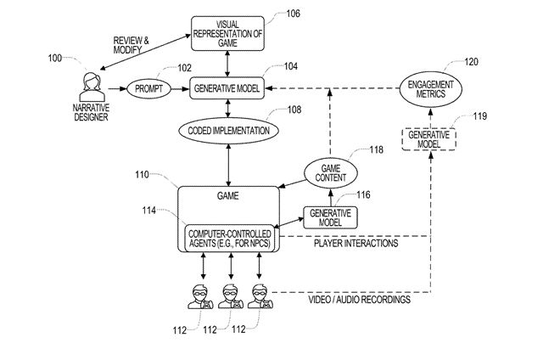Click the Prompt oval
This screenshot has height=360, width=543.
[149, 89]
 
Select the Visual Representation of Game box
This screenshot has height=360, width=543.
[227, 34]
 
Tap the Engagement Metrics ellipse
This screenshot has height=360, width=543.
[430, 89]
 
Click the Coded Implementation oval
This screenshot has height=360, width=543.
[228, 131]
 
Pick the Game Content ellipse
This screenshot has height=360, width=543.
[330, 173]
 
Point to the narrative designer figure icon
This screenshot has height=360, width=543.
[92, 87]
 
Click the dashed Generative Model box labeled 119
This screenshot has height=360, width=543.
[428, 139]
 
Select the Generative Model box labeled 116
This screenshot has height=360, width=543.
[330, 217]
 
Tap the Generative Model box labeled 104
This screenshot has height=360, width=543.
[227, 88]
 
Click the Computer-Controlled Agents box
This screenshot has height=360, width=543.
[229, 239]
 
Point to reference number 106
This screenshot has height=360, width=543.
[293, 14]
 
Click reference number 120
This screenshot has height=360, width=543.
[471, 62]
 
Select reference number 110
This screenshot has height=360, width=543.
[142, 174]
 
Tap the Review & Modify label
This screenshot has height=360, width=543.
[131, 45]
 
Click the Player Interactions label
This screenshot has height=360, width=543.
[356, 243]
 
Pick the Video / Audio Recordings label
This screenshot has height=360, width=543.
[360, 300]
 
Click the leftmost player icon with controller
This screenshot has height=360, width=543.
[200, 296]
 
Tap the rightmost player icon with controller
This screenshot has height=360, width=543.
[260, 296]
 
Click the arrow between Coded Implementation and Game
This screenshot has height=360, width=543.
[228, 166]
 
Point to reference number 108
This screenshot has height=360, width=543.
[294, 110]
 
